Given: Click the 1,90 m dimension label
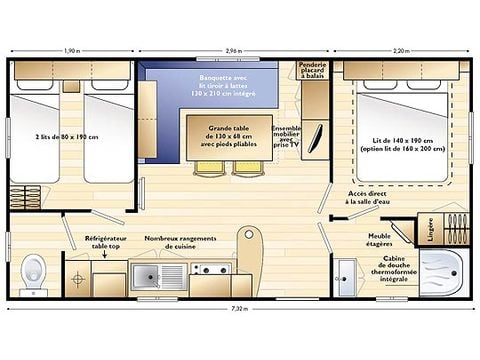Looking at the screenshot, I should [72, 49].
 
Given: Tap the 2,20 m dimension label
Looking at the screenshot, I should [399, 49].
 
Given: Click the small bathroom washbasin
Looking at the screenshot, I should [345, 271].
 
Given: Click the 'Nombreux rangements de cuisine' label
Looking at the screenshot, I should [180, 243].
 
